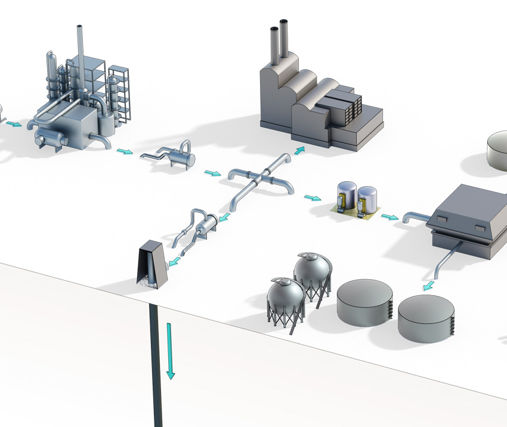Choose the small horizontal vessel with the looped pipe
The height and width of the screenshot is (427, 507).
pyautogui.click(x=180, y=158)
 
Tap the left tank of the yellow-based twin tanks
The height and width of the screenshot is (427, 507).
pyautogui.click(x=347, y=197)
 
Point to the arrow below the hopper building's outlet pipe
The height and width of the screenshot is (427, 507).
pyautogui.click(x=428, y=286)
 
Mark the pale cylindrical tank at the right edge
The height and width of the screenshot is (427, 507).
pyautogui.click(x=497, y=150)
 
